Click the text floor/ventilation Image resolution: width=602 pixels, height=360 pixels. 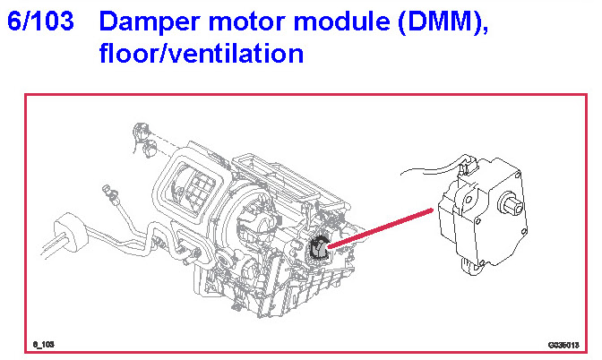[x=202, y=54]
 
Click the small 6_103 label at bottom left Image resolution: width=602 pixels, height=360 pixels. [x=44, y=344]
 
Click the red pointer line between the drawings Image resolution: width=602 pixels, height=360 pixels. [x=381, y=226]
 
